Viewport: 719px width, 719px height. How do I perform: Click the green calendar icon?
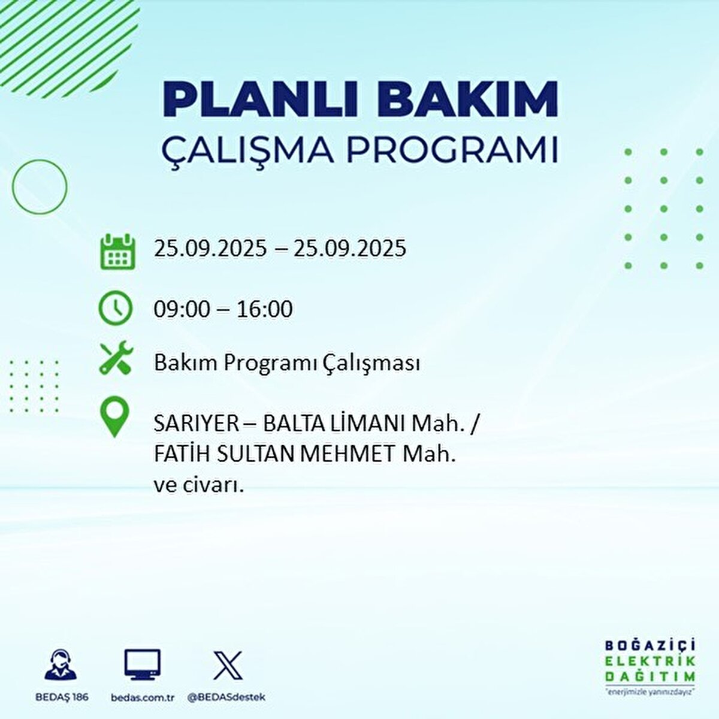[x=117, y=251]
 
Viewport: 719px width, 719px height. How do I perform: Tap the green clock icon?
[x=115, y=308]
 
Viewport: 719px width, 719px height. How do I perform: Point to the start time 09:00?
[x=182, y=309]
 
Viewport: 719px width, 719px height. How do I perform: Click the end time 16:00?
[x=264, y=309]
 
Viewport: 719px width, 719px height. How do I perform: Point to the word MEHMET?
[x=347, y=454]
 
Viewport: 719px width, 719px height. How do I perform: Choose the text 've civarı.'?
[x=199, y=485]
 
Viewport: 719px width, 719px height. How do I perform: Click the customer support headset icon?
[x=61, y=664]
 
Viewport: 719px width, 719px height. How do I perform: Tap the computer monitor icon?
[x=143, y=664]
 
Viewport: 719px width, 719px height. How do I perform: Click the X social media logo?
[x=228, y=665]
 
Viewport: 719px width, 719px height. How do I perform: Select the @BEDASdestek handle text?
[x=226, y=697]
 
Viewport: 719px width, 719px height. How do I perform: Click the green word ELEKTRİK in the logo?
[x=651, y=661]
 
